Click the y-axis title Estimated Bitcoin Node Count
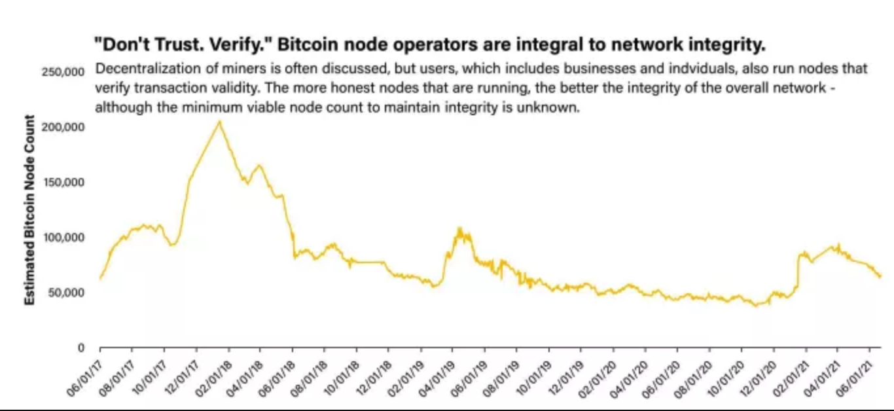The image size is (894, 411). coord(29,209)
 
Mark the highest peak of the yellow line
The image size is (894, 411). coord(219,120)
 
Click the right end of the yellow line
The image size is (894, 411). coord(881,276)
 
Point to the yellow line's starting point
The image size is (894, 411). coord(100,279)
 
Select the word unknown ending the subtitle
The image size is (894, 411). coord(556,107)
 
